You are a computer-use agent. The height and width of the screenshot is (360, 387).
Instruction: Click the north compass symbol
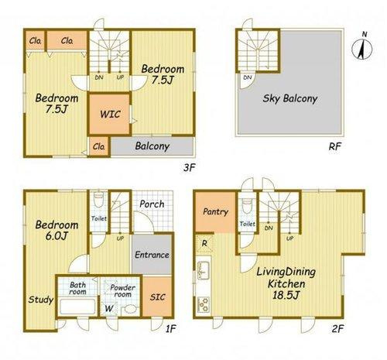tap(362, 48)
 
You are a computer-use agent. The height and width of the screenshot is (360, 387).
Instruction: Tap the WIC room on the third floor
tap(110, 114)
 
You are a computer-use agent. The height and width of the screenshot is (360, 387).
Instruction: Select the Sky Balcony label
tap(290, 98)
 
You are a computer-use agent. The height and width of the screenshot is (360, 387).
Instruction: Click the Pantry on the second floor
tap(216, 211)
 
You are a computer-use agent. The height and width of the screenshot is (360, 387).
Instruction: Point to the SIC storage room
tap(157, 297)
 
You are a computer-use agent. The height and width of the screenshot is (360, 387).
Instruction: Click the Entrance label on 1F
tap(152, 255)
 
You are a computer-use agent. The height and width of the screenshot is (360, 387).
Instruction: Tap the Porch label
tap(152, 204)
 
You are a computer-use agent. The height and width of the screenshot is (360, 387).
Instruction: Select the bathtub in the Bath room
tap(77, 307)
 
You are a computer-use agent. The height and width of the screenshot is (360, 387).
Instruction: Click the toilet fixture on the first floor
tap(98, 199)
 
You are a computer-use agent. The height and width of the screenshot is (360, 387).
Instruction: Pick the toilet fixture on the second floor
tap(247, 205)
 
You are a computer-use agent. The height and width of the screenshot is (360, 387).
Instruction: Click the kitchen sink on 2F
tap(203, 270)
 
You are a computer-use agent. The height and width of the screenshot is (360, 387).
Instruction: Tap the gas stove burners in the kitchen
tap(204, 304)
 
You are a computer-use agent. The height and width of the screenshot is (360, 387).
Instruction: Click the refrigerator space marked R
tap(204, 243)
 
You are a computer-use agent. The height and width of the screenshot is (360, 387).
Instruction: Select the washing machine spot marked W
tap(109, 308)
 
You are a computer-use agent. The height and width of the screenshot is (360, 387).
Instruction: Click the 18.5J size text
tap(286, 295)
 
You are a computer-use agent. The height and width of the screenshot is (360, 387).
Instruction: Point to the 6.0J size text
tap(57, 236)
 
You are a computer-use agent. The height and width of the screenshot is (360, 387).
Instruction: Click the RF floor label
tap(335, 146)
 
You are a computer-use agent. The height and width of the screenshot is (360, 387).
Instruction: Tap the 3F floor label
tap(189, 168)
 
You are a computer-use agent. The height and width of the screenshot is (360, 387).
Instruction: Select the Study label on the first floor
tap(41, 300)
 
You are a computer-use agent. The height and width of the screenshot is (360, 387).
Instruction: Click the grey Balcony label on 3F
tap(152, 146)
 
